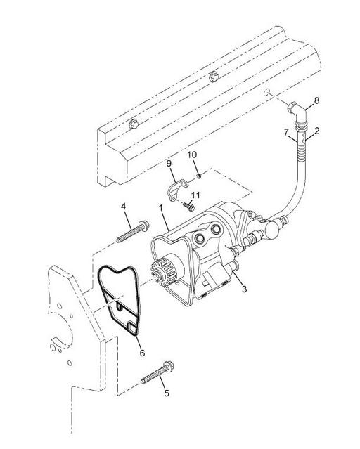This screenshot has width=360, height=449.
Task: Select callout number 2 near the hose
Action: click(317, 131)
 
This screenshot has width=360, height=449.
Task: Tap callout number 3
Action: click(243, 288)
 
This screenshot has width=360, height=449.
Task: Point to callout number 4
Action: click(124, 207)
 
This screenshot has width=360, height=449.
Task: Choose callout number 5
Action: click(166, 393)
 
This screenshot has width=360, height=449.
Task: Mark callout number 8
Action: click(316, 100)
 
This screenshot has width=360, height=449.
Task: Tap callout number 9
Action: click(169, 164)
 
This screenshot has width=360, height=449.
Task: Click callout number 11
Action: click(197, 195)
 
